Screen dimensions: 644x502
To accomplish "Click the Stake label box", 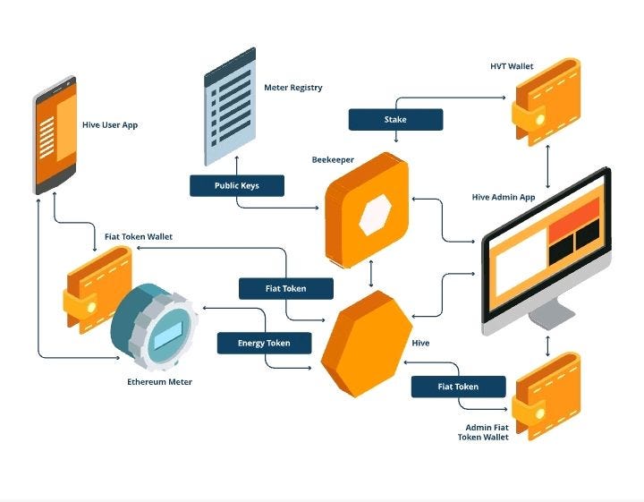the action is pyautogui.click(x=395, y=120).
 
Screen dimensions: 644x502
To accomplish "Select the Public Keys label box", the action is pyautogui.click(x=237, y=186).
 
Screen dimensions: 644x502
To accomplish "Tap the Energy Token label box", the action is pyautogui.click(x=264, y=343).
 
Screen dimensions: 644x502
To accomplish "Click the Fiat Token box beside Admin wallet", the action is pyautogui.click(x=458, y=387).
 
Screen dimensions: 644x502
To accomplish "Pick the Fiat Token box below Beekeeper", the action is pyautogui.click(x=286, y=288).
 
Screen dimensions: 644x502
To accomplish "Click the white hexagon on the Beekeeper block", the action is pyautogui.click(x=375, y=215).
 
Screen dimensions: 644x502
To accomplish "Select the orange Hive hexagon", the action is pyautogui.click(x=367, y=345).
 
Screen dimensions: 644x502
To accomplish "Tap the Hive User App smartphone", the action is pyautogui.click(x=55, y=135).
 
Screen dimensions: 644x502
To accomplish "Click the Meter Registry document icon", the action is pyautogui.click(x=230, y=106).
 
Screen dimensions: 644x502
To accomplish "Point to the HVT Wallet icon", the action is pyautogui.click(x=547, y=102).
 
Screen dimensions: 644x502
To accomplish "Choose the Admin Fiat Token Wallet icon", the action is pyautogui.click(x=547, y=396).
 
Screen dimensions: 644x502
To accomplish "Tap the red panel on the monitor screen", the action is pyautogui.click(x=574, y=219).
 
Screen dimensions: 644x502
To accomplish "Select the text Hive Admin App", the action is pyautogui.click(x=504, y=197).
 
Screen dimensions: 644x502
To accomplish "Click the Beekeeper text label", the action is pyautogui.click(x=333, y=160).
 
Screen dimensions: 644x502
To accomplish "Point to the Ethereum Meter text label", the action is pyautogui.click(x=159, y=382).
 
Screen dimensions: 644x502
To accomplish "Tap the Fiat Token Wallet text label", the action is pyautogui.click(x=139, y=236).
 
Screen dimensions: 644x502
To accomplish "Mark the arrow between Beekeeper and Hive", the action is pyautogui.click(x=371, y=273).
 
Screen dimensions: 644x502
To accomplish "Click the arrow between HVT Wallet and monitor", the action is pyautogui.click(x=547, y=166).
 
